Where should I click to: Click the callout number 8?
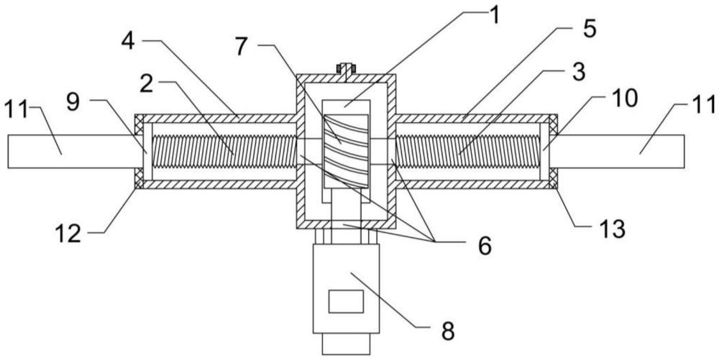[x=448, y=331]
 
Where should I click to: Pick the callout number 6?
[x=484, y=246]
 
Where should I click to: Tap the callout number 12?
[x=68, y=234]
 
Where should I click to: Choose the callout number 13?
[x=613, y=229]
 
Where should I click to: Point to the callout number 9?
[x=73, y=103]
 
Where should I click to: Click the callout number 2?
[x=147, y=84]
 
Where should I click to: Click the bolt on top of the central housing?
[x=346, y=70]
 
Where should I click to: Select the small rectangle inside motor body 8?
[x=347, y=301]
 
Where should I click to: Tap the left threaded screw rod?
[x=224, y=151]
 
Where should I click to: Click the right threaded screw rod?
[x=468, y=151]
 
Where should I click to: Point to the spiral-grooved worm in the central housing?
[x=346, y=152]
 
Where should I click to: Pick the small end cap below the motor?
[x=347, y=343]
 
